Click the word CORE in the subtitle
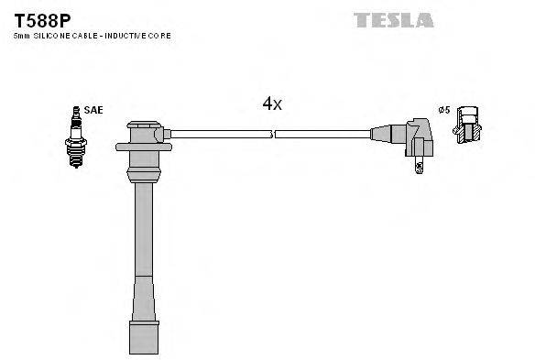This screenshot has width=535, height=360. [x=160, y=35]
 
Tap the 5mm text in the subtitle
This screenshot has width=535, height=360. [x=20, y=35]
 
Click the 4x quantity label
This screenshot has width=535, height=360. [x=272, y=104]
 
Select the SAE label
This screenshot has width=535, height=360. [x=93, y=110]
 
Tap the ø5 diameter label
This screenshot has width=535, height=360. [x=443, y=110]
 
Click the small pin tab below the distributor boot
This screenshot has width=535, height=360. [x=419, y=167]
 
